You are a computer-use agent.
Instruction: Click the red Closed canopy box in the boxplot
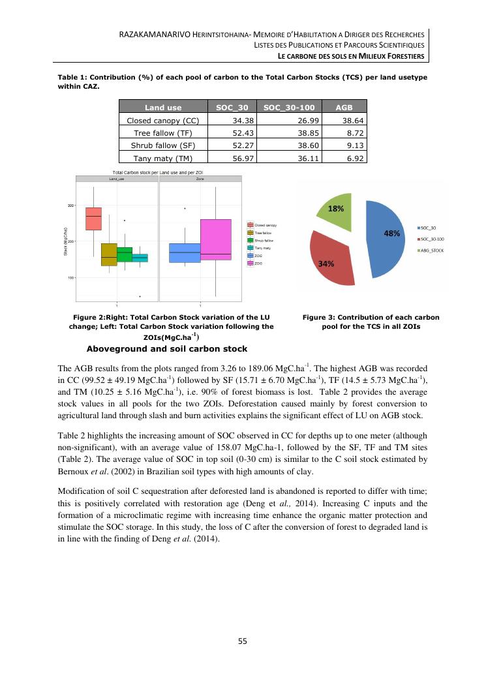click(94, 218)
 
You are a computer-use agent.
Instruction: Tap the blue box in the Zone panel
click(185, 252)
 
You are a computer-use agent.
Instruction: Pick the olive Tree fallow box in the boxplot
click(109, 254)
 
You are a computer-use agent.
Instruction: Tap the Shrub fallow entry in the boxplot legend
click(263, 240)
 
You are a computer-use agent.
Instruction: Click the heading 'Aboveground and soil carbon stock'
click(167, 348)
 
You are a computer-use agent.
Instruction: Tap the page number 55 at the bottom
click(243, 641)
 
